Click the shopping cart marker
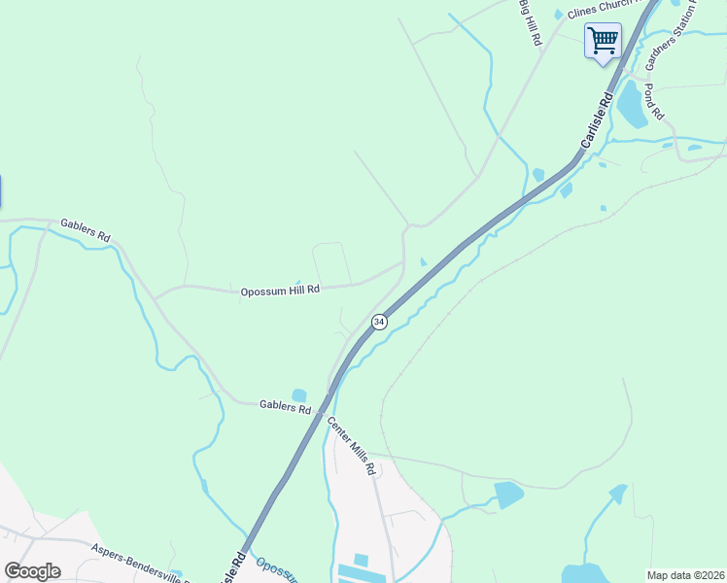tap(603, 41)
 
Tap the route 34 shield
tap(379, 322)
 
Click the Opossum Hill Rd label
tap(280, 291)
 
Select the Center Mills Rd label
tap(351, 445)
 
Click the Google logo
tap(32, 571)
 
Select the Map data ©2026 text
tap(685, 575)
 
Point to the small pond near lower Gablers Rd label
tap(298, 394)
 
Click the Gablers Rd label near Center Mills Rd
tap(285, 406)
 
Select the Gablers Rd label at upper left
tap(86, 230)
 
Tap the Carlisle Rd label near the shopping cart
tap(597, 120)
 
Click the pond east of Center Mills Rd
tap(508, 495)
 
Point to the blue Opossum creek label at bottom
tap(276, 568)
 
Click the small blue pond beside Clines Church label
tap(558, 14)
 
